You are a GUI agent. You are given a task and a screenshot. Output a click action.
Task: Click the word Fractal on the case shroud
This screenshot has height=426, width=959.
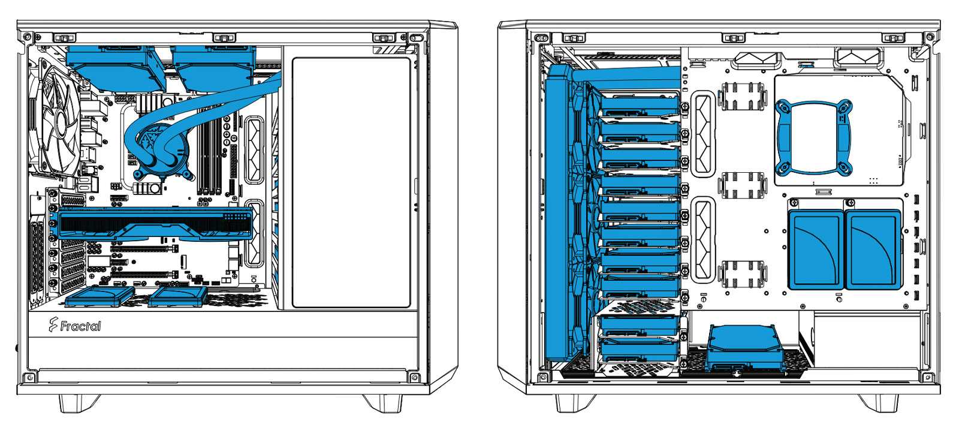[x=80, y=326]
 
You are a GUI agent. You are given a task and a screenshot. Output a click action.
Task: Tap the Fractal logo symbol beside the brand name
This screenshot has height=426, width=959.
[x=53, y=325]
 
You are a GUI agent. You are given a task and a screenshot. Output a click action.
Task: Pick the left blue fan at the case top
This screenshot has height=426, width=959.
[x=116, y=68]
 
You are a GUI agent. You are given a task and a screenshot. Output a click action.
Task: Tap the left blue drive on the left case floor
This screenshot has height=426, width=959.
[x=99, y=296]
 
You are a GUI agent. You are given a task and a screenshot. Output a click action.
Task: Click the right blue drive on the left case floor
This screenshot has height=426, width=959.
[x=177, y=296]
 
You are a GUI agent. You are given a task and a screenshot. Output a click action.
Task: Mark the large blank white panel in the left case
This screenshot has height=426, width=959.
[x=351, y=182]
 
